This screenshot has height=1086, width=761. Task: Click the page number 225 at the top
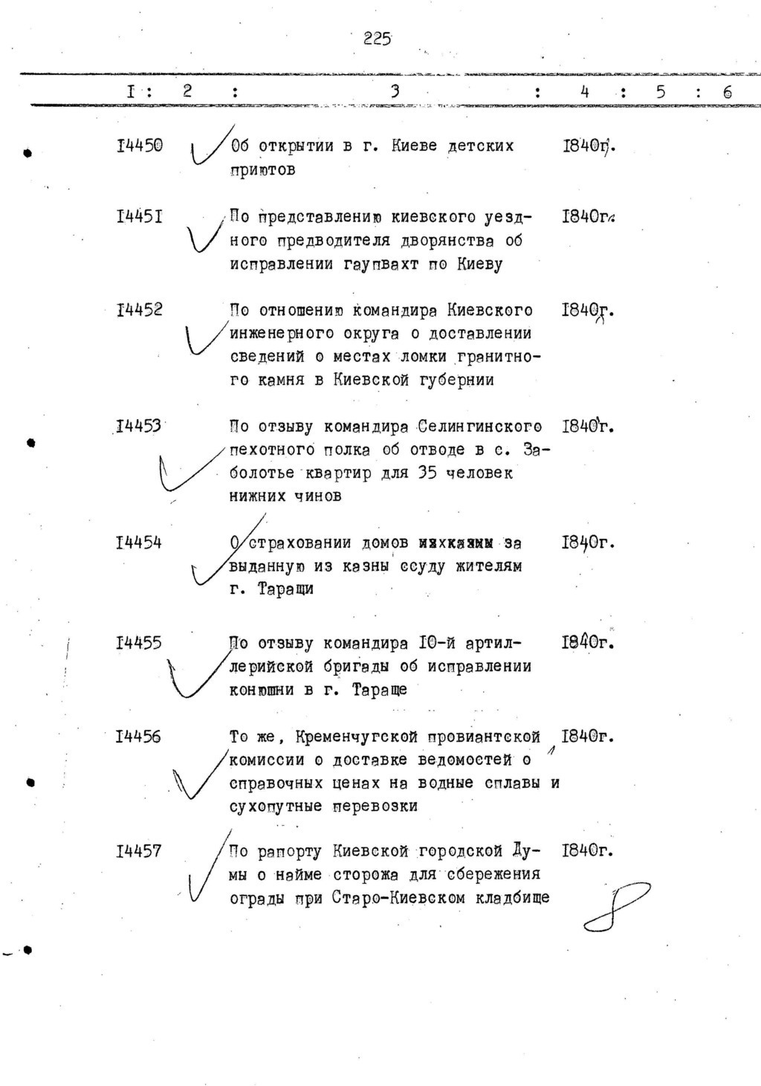click(377, 39)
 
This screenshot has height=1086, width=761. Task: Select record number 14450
click(139, 146)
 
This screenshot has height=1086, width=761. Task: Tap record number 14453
click(139, 427)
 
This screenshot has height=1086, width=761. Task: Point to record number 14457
click(139, 851)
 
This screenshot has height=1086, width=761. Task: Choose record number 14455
click(139, 643)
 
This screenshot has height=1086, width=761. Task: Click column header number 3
click(395, 91)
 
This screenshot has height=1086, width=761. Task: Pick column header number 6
click(727, 92)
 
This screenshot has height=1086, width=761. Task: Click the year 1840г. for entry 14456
click(588, 737)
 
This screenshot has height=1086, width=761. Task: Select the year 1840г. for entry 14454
click(588, 543)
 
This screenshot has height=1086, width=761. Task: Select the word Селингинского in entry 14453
click(479, 427)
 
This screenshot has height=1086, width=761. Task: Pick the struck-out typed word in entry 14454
click(456, 543)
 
